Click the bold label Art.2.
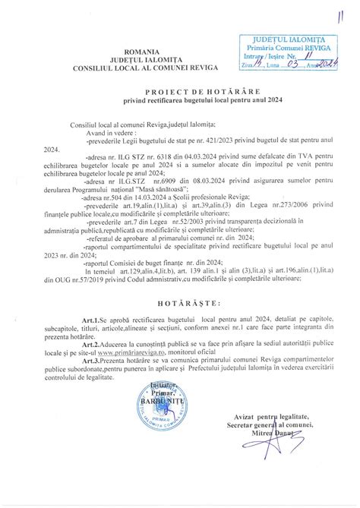83,364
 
